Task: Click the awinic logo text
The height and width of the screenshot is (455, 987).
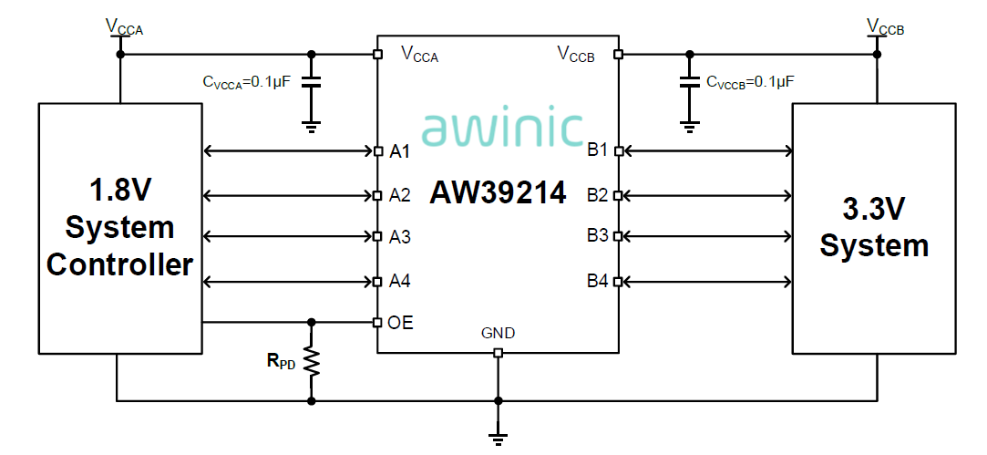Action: (x=502, y=129)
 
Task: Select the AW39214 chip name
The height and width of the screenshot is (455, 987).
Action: (x=499, y=193)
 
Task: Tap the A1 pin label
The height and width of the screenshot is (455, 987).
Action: (x=400, y=151)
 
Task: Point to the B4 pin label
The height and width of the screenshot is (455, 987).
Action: (x=597, y=281)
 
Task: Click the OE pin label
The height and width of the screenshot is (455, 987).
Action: (x=401, y=322)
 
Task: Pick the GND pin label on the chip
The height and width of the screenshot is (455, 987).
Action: (x=498, y=334)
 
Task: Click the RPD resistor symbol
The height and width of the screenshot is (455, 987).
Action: (x=312, y=361)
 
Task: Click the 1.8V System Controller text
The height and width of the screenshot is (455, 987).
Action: (x=119, y=227)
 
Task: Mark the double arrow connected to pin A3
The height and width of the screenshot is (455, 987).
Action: (x=288, y=237)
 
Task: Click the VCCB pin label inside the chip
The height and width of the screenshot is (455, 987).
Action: (x=576, y=55)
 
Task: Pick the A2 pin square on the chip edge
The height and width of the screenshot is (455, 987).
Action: (x=378, y=195)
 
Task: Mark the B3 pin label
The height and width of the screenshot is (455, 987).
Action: (x=597, y=235)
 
